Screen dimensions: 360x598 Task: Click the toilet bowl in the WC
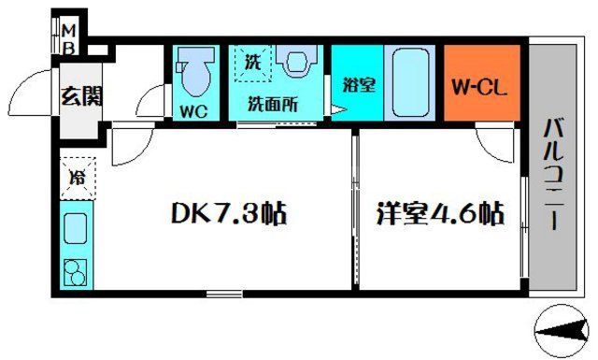point(196,76)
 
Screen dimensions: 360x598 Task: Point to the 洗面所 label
point(272,105)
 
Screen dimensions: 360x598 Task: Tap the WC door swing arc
point(149,101)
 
